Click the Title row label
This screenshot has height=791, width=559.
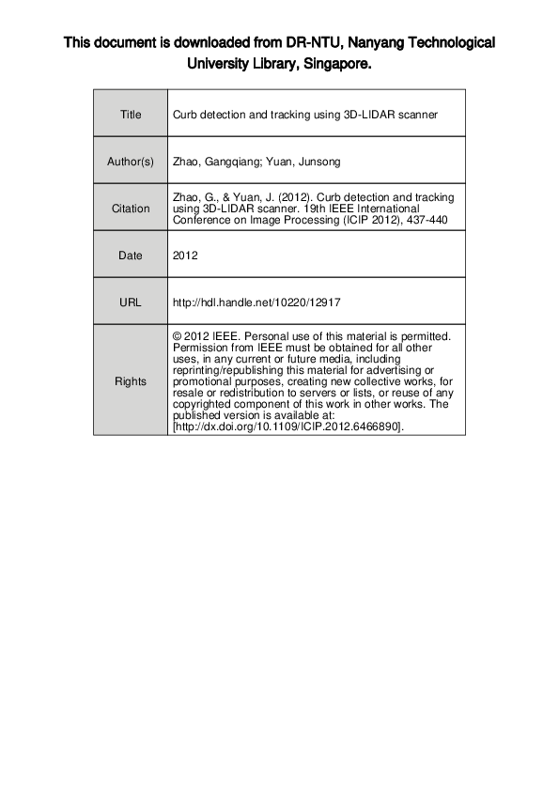pyautogui.click(x=131, y=115)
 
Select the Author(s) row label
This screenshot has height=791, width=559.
pyautogui.click(x=131, y=162)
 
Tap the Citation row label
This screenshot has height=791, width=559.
pyautogui.click(x=131, y=209)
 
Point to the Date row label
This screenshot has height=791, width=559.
pyautogui.click(x=131, y=255)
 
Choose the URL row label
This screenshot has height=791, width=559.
pyautogui.click(x=131, y=302)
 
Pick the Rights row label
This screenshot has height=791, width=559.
pyautogui.click(x=131, y=380)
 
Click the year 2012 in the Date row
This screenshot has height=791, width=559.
pyautogui.click(x=186, y=255)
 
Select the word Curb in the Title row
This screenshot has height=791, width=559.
pyautogui.click(x=184, y=115)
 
